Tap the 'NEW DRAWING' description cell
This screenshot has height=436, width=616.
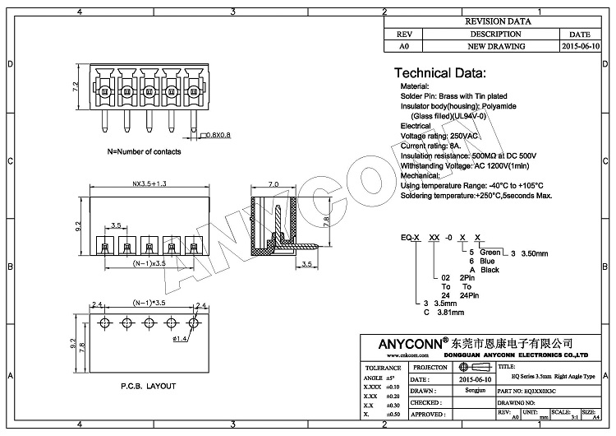tap(495, 47)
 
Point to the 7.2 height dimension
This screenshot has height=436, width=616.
tap(75, 86)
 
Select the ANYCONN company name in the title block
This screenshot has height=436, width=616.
tap(400, 342)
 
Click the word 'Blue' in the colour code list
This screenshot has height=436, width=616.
tap(488, 260)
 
